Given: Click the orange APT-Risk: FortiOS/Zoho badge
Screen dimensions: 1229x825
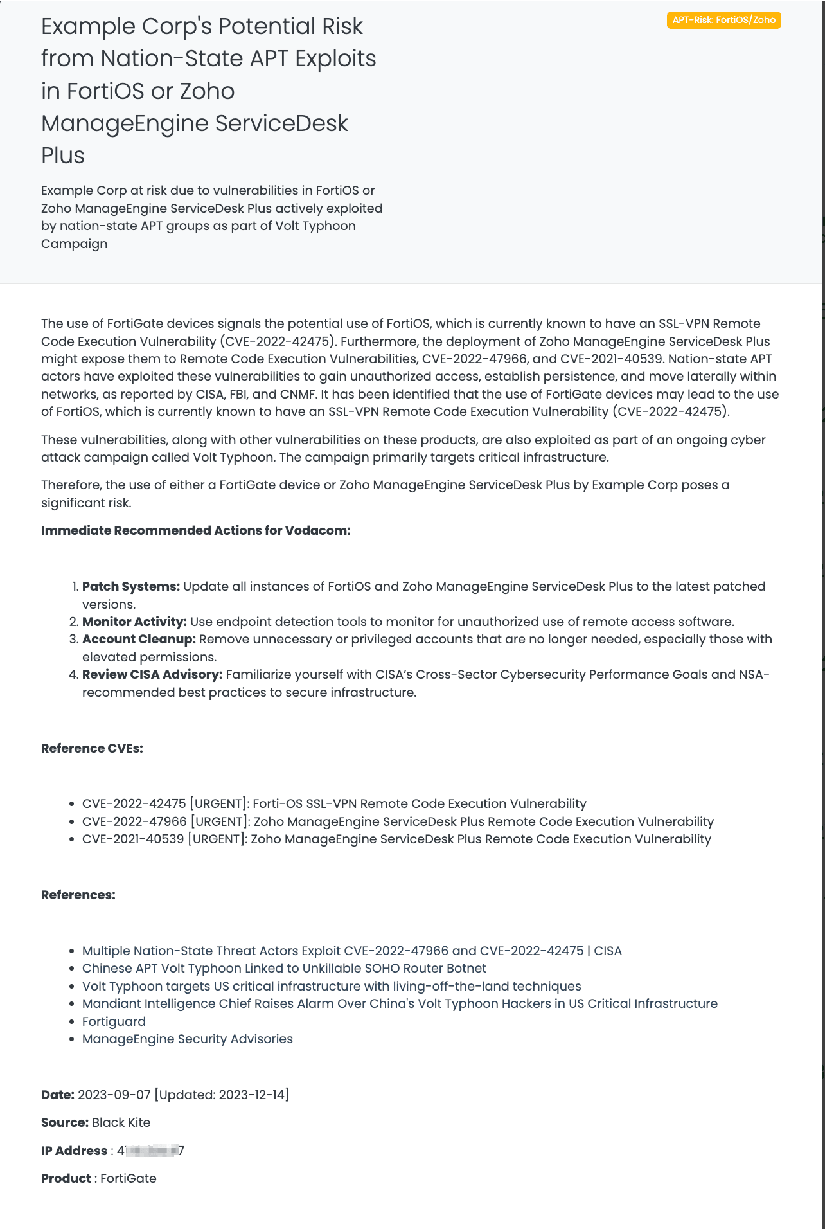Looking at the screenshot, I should click(723, 20).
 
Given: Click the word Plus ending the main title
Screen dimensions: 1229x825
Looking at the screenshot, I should click(63, 156).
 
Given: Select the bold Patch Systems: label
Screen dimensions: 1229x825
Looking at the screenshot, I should click(131, 586).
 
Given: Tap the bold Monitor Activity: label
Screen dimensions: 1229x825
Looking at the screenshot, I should click(134, 622).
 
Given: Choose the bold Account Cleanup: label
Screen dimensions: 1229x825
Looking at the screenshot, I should click(139, 639).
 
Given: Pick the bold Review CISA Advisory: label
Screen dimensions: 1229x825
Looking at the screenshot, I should click(152, 674).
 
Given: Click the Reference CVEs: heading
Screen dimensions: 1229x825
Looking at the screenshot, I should click(92, 748).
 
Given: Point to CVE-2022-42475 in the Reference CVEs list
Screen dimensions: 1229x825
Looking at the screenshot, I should click(134, 803).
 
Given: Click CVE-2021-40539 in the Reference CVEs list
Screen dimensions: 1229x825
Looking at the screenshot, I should click(133, 839).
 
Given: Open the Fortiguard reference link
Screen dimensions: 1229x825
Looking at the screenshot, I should click(114, 1021).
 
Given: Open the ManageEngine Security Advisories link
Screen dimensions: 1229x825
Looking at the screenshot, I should click(187, 1039).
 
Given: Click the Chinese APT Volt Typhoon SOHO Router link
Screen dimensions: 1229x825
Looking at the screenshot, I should click(284, 968).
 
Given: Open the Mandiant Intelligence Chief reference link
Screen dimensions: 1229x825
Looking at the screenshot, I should click(400, 1003).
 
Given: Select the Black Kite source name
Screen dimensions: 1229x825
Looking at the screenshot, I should click(121, 1122).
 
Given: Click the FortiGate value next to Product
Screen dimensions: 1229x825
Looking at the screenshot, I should click(129, 1178).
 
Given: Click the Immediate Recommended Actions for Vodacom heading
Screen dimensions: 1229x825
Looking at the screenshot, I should click(195, 530).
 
